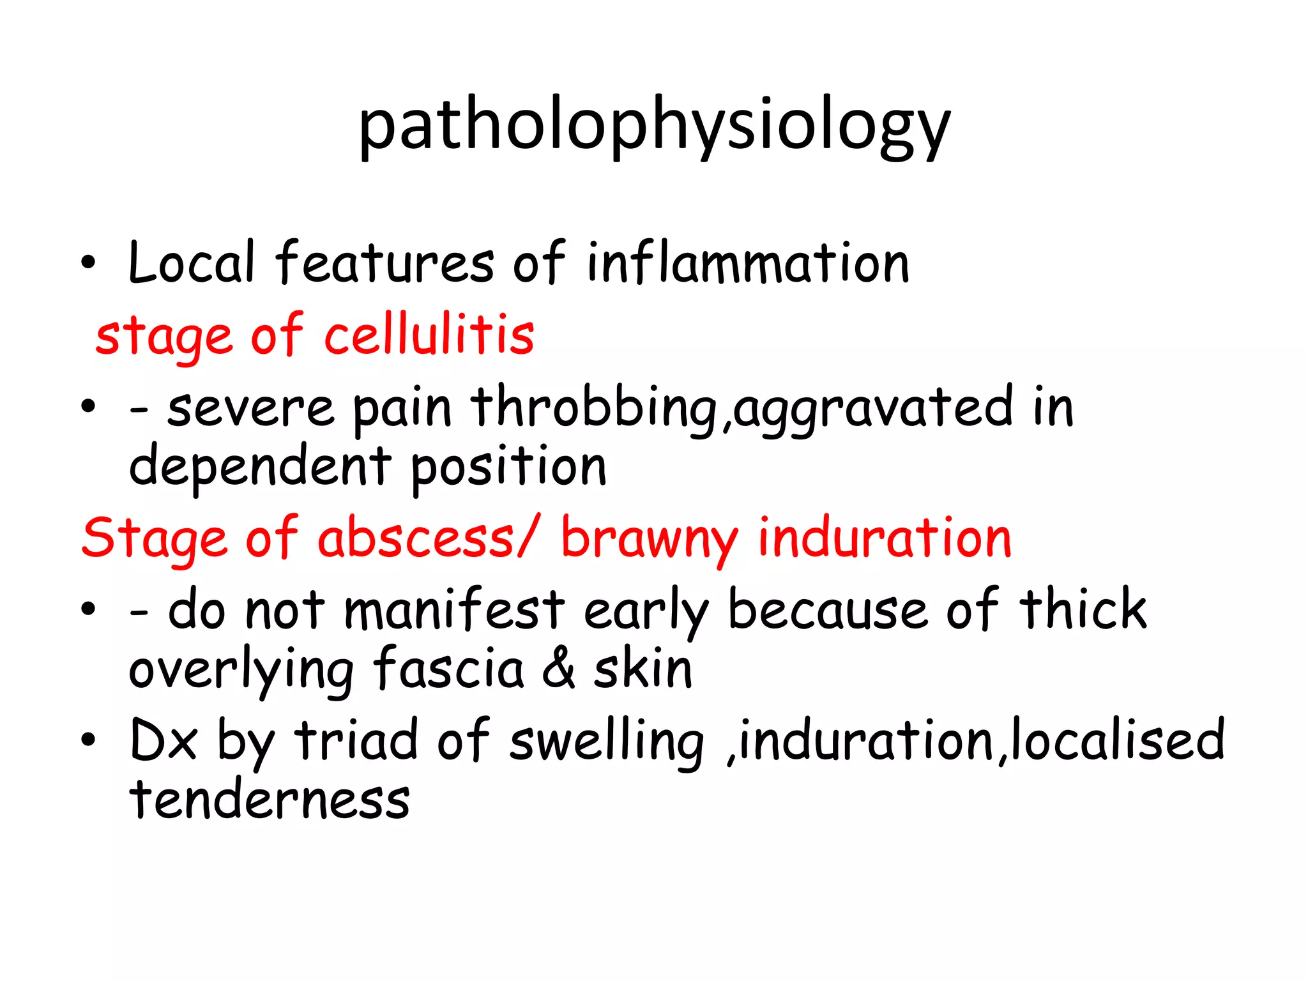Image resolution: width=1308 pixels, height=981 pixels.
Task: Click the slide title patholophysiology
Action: [x=654, y=126]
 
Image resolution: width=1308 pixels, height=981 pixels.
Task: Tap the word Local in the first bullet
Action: [x=191, y=262]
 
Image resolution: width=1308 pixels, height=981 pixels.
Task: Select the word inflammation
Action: [x=748, y=262]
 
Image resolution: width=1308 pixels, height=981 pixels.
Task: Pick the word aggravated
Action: [x=872, y=408]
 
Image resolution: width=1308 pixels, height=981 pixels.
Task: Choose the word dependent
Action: [x=260, y=467]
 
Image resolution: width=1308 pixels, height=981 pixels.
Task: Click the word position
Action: [x=508, y=467]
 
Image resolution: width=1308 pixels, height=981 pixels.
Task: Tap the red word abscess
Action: [x=416, y=538]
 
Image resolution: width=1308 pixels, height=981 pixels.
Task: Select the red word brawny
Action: [x=649, y=538]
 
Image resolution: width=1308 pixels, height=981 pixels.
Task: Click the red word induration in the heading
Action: [x=885, y=538]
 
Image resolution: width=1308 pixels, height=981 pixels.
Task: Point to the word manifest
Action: [x=454, y=610]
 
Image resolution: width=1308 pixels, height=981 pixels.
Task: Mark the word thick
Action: [x=1083, y=610]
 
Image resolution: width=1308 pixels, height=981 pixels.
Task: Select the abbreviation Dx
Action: [x=163, y=741]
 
